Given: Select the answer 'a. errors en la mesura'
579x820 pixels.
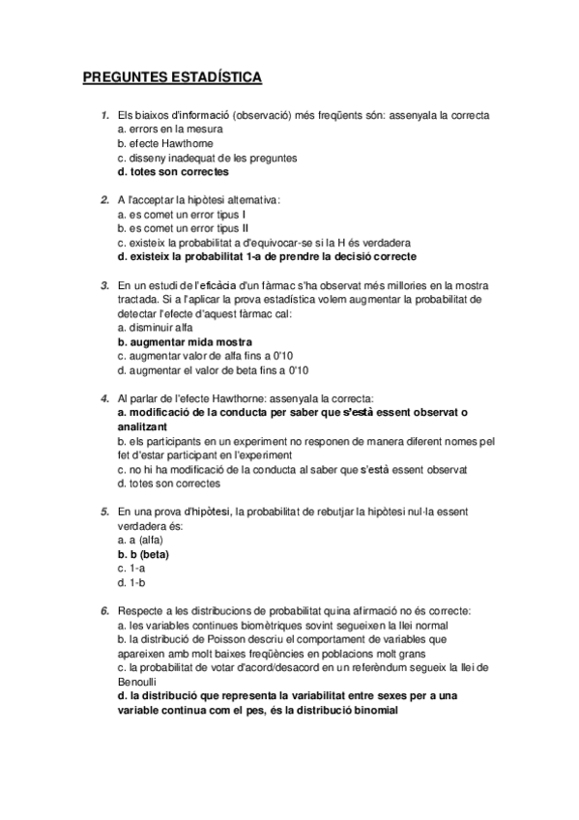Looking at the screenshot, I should coord(169,129).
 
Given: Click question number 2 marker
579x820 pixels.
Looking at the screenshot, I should coord(104,199).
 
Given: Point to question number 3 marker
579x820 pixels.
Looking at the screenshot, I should coord(104,285).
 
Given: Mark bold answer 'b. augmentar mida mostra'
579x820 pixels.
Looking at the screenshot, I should coord(184,341).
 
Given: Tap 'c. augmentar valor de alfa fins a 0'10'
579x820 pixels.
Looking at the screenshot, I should coord(209,356).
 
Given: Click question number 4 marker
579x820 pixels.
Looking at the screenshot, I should coord(104,398).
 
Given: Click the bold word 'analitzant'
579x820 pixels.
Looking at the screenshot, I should coord(142,426).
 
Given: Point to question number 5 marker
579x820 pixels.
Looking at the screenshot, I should coord(104,511).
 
